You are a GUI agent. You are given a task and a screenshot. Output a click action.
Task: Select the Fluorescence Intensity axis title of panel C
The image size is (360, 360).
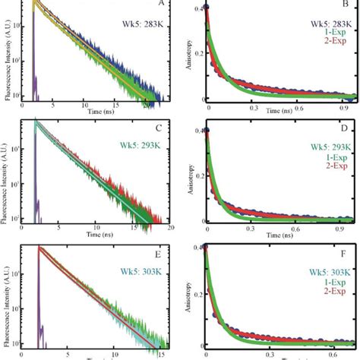(x=8, y=173)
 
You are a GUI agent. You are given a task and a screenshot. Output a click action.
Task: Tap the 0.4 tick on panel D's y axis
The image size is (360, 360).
(x=197, y=130)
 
